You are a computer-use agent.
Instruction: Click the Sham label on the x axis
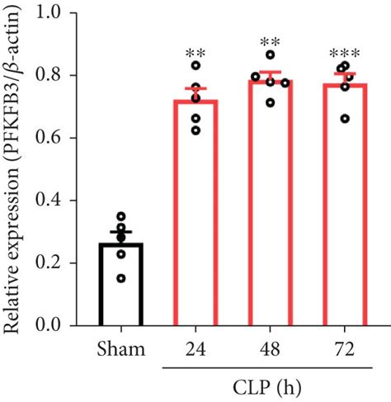pos(122,348)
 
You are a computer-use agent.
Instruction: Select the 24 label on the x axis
pos(195,348)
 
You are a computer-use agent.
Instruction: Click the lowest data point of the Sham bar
pos(121,278)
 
